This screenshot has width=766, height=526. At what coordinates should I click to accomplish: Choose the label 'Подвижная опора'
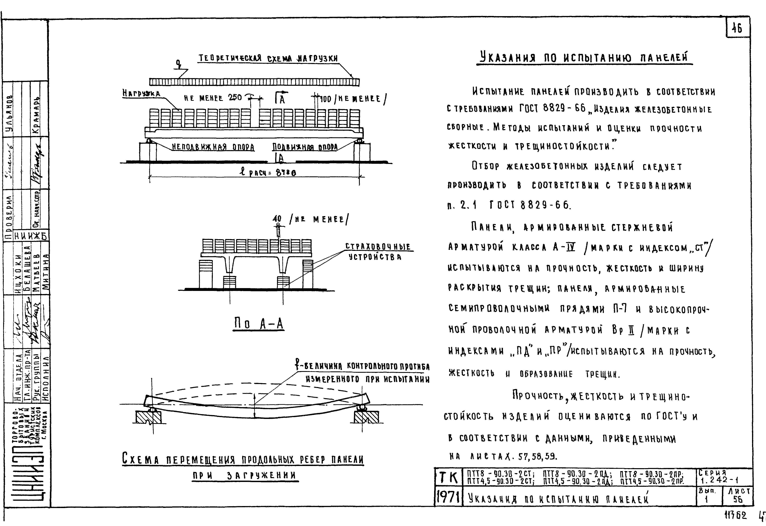pos(305,147)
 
